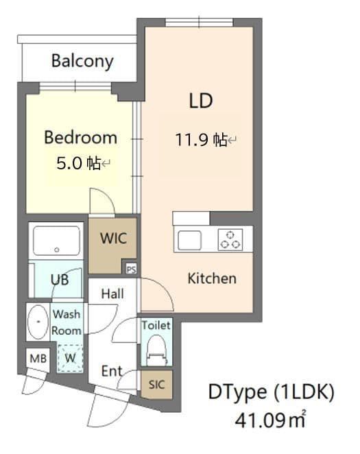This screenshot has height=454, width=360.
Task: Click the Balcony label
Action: click(82, 62)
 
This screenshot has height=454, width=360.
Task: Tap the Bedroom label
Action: click(80, 138)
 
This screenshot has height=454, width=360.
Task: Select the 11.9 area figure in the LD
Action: click(191, 139)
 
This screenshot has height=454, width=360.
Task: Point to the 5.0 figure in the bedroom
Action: click(69, 163)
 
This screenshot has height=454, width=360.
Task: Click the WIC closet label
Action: click(114, 238)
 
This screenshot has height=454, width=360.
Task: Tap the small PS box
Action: click(131, 270)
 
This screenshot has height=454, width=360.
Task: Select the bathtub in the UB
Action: click(57, 241)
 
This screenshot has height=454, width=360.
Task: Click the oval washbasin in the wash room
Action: click(38, 322)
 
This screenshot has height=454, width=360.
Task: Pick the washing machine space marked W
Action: click(71, 358)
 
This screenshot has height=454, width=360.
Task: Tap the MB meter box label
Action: click(38, 359)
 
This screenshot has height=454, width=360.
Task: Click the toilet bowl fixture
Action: click(156, 350)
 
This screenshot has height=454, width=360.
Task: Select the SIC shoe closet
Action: click(156, 385)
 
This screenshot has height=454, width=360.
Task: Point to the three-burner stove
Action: click(230, 240)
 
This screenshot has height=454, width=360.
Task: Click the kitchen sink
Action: click(189, 240)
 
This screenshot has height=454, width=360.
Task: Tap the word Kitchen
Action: click(212, 278)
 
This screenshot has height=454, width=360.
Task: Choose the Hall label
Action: click(112, 294)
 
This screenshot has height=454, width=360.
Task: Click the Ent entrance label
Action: click(112, 371)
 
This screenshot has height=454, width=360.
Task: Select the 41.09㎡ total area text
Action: click(270, 420)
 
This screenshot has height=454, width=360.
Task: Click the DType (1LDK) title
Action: click(271, 392)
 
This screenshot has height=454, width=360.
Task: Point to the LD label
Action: click(201, 101)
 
